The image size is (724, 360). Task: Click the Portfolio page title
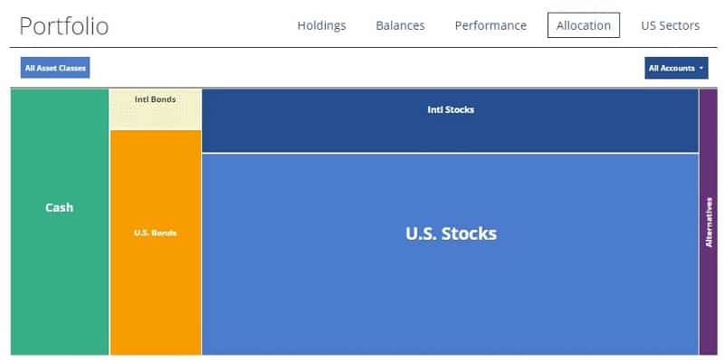click(x=63, y=25)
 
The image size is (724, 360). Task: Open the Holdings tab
click(x=321, y=25)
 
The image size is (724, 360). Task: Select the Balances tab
click(x=400, y=25)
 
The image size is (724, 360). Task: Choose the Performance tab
click(x=490, y=25)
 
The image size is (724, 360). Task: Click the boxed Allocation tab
click(x=584, y=25)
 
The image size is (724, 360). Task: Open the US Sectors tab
click(x=670, y=25)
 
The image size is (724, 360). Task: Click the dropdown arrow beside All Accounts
click(x=702, y=69)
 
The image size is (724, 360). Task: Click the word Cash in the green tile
click(x=60, y=207)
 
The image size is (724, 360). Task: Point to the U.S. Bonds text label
click(x=155, y=232)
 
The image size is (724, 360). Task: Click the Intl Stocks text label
click(x=451, y=109)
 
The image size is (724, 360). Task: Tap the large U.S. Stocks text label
click(x=451, y=232)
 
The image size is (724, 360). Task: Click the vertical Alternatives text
click(x=710, y=222)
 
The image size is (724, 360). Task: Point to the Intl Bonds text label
click(x=155, y=99)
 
